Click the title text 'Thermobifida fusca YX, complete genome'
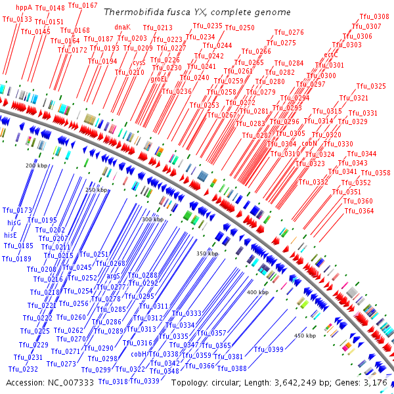click(x=197, y=12)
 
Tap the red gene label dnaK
click(x=123, y=28)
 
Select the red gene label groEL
click(x=159, y=79)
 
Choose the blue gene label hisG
click(x=12, y=223)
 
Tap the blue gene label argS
click(x=113, y=276)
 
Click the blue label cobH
click(x=139, y=354)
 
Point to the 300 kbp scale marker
click(x=152, y=219)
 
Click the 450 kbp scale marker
click(x=305, y=336)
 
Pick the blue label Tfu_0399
click(x=269, y=349)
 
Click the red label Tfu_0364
click(x=359, y=211)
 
